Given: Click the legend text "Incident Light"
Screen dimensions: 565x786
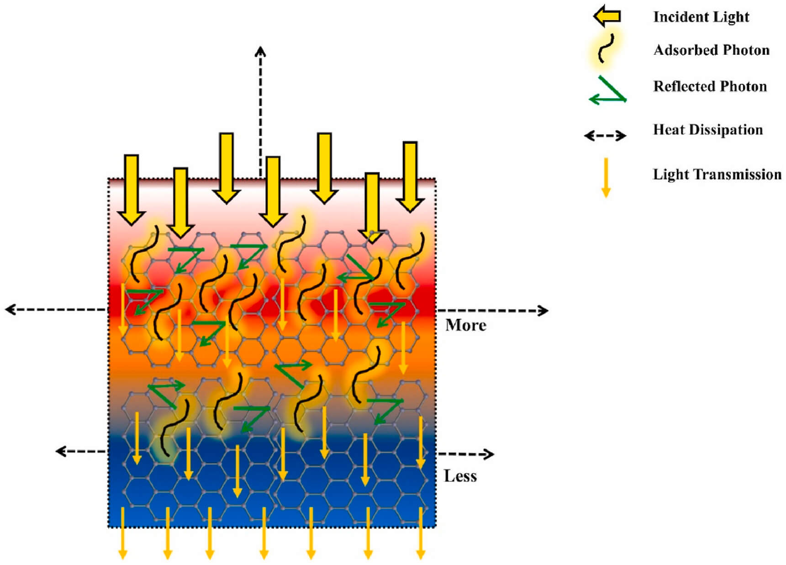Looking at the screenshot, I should pyautogui.click(x=701, y=17).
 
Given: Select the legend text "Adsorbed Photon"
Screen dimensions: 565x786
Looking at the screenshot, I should pyautogui.click(x=711, y=50).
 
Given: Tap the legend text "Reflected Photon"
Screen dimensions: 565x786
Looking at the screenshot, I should pyautogui.click(x=710, y=86).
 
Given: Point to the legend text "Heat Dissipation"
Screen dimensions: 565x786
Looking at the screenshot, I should pyautogui.click(x=707, y=130).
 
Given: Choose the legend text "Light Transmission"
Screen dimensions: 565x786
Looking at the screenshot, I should pyautogui.click(x=717, y=174).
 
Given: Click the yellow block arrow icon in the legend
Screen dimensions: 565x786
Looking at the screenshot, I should pyautogui.click(x=607, y=17).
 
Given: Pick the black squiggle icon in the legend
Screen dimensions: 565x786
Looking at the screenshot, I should pyautogui.click(x=606, y=48).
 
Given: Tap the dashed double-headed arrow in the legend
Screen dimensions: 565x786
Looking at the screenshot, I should pyautogui.click(x=605, y=136).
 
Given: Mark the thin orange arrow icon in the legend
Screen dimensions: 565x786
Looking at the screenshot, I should pyautogui.click(x=606, y=178).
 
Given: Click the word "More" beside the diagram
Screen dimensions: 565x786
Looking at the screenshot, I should pyautogui.click(x=465, y=325).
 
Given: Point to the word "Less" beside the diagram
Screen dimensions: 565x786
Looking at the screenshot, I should pyautogui.click(x=460, y=476).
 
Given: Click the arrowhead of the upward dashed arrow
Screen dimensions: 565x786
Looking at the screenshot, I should pyautogui.click(x=260, y=51).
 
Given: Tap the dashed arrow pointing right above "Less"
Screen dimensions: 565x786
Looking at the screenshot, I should pyautogui.click(x=466, y=454).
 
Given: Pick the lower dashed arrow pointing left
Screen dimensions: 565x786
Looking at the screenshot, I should pyautogui.click(x=81, y=451).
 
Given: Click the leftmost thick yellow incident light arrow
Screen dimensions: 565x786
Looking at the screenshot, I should pyautogui.click(x=132, y=190).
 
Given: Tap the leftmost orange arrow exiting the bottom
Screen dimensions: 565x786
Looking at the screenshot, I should pyautogui.click(x=122, y=533).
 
